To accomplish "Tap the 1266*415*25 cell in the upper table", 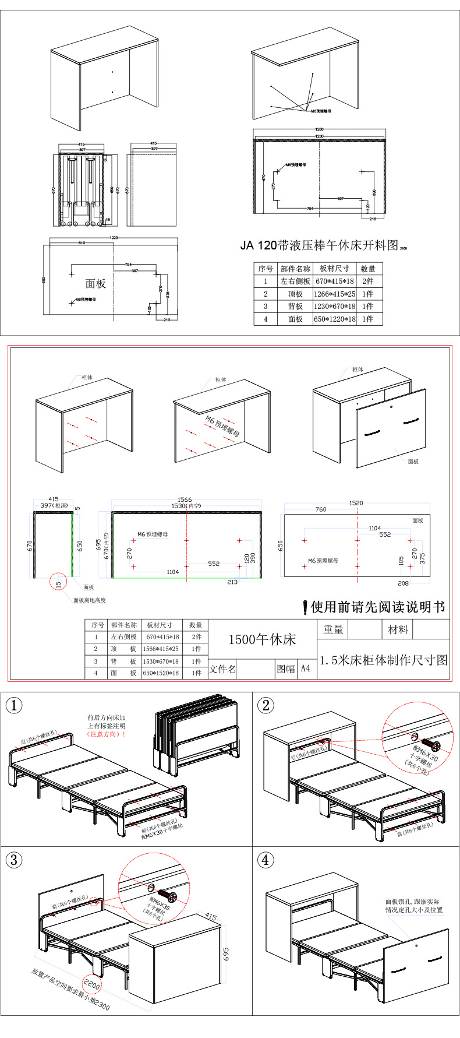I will [x=334, y=294].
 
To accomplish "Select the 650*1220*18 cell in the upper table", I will [x=334, y=319].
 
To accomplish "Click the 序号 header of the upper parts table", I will [x=266, y=269].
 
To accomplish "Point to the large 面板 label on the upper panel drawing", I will [x=95, y=284].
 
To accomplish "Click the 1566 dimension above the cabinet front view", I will [x=185, y=499].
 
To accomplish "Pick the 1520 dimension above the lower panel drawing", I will [x=356, y=502].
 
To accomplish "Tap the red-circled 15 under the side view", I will [x=58, y=584].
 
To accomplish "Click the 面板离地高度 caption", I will [x=89, y=600].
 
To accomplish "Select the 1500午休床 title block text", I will [x=262, y=639].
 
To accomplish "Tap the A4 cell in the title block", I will [x=306, y=668].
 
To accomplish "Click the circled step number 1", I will [x=14, y=705].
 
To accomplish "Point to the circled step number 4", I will [x=266, y=860].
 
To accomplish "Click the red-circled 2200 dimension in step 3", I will [x=92, y=986].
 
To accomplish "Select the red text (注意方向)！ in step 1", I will [x=107, y=734].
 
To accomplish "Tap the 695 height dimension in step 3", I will [x=226, y=953].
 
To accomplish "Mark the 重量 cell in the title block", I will [x=333, y=629].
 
